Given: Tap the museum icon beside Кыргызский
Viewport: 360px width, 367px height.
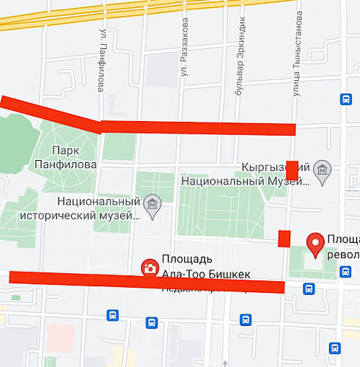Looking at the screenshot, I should click(321, 171).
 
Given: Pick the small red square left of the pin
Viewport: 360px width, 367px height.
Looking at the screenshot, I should click(284, 239).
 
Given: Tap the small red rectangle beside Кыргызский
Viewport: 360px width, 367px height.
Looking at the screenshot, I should click(292, 170).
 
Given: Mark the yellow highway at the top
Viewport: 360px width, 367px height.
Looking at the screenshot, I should click(147, 12).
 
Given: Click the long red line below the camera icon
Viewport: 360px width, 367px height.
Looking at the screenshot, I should click(147, 281).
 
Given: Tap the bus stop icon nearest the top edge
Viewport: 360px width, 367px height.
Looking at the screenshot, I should click(346, 100).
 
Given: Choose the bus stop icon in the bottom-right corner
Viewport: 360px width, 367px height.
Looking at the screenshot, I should click(335, 347).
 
